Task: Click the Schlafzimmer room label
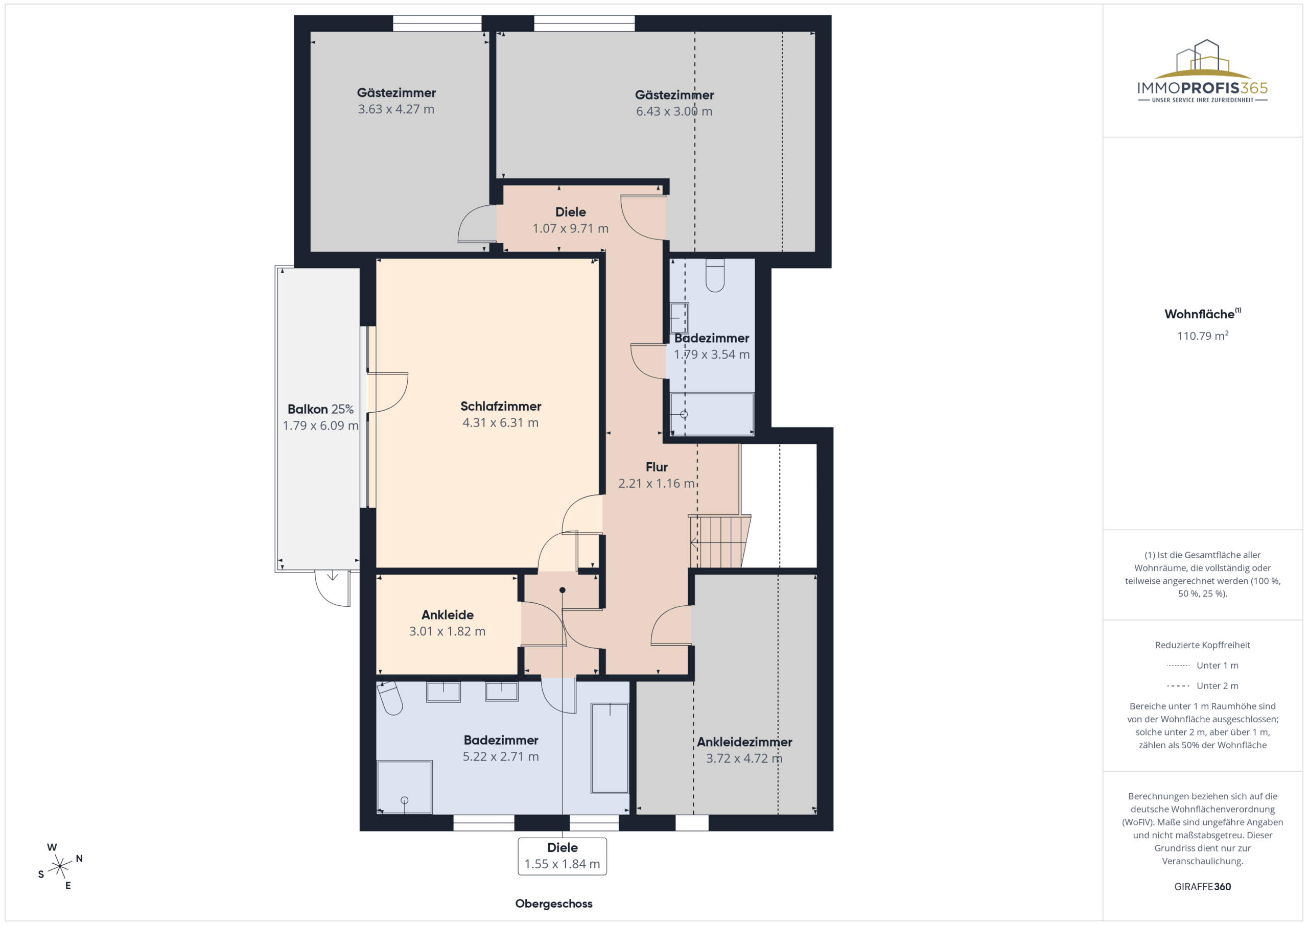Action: click(x=500, y=406)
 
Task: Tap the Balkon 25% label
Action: click(x=320, y=409)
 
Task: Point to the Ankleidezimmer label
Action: click(x=744, y=742)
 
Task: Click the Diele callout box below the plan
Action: click(x=562, y=856)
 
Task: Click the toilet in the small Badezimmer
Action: click(x=715, y=276)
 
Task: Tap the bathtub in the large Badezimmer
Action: click(x=610, y=748)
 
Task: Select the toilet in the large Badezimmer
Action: click(x=390, y=697)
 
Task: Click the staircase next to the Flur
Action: click(x=719, y=541)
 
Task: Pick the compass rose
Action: click(x=60, y=866)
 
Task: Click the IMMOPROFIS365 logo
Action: click(x=1203, y=71)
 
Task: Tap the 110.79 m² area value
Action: click(x=1203, y=336)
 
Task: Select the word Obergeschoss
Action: click(x=554, y=904)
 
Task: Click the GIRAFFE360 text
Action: click(x=1203, y=886)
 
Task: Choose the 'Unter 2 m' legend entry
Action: click(x=1202, y=686)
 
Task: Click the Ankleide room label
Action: click(x=447, y=614)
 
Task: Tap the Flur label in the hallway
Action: click(x=656, y=467)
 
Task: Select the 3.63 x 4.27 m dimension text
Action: click(x=396, y=109)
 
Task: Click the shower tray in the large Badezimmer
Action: click(x=405, y=787)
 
